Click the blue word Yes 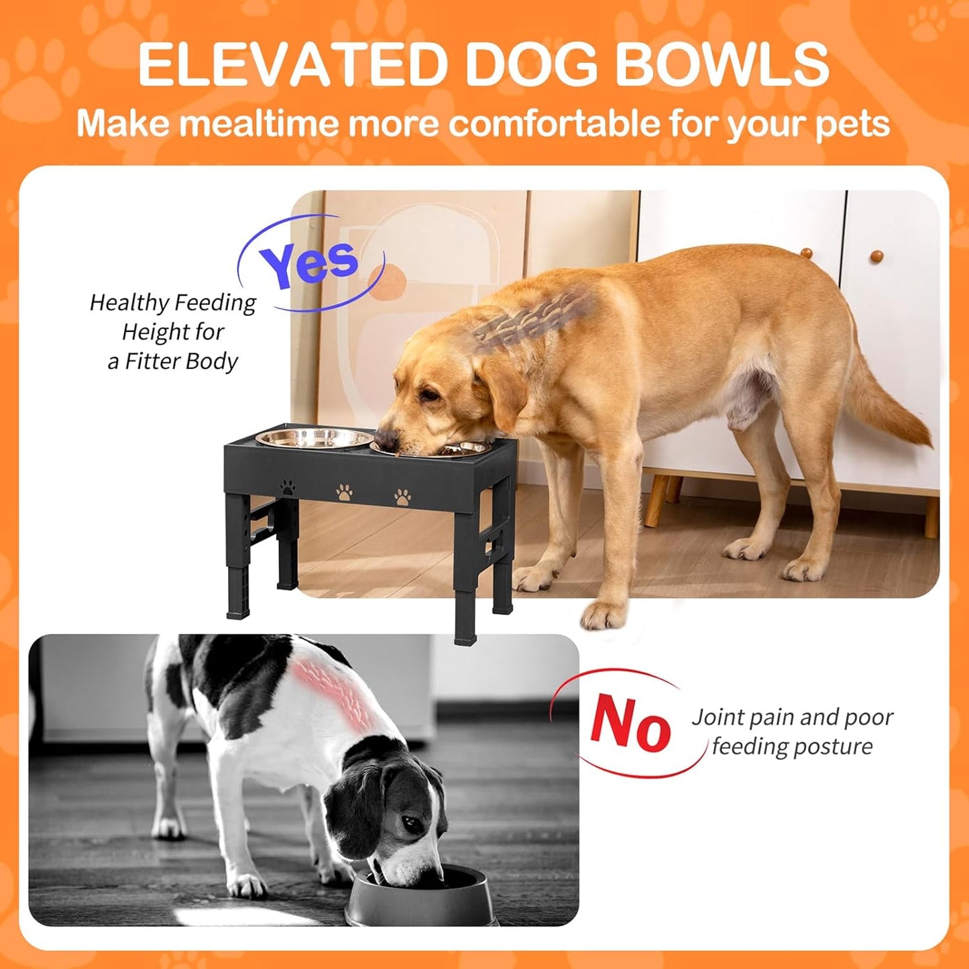pyautogui.click(x=310, y=262)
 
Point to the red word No pyautogui.click(x=630, y=724)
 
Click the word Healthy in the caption pyautogui.click(x=130, y=303)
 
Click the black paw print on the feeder pyautogui.click(x=288, y=486)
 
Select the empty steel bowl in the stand pyautogui.click(x=315, y=439)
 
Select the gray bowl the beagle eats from pyautogui.click(x=422, y=899)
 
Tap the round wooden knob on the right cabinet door pyautogui.click(x=876, y=255)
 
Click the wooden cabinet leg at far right pyautogui.click(x=931, y=516)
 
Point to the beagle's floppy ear pyautogui.click(x=355, y=811)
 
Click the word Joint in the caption pyautogui.click(x=717, y=718)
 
